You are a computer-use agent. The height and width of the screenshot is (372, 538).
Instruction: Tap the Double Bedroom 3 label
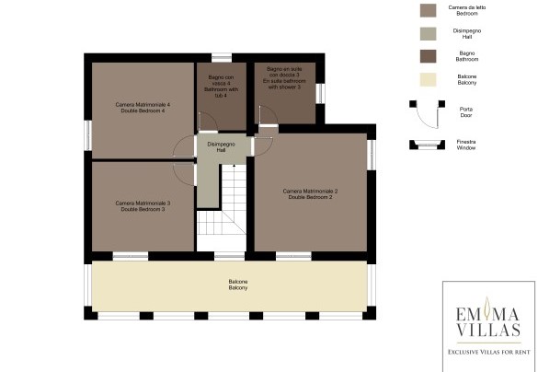tap(143, 205)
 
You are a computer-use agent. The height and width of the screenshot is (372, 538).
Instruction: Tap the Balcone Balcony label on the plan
tap(238, 285)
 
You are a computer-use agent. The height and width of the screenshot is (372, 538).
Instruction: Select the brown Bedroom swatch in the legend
tap(426, 10)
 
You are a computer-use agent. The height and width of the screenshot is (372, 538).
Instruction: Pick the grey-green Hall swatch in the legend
tap(426, 33)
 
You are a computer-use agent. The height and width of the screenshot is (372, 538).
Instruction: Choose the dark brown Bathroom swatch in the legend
tap(426, 56)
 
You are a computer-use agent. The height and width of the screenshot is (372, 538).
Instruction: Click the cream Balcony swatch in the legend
tap(426, 80)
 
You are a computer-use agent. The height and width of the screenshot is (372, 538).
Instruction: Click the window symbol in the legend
tap(426, 144)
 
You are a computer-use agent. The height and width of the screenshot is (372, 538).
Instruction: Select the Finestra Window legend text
tap(467, 144)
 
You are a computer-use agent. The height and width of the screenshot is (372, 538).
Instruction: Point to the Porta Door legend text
tap(466, 111)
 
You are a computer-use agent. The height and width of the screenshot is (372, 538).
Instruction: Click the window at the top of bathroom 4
tap(221, 57)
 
